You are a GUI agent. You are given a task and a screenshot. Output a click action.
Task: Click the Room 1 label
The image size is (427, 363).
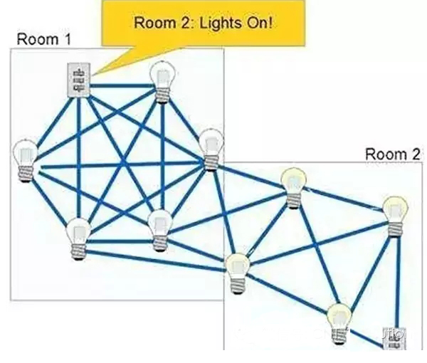[x=43, y=38]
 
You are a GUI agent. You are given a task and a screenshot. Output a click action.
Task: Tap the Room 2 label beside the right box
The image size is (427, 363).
[x=393, y=153]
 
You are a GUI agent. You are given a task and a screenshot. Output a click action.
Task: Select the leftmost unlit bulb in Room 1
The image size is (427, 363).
[x=26, y=159]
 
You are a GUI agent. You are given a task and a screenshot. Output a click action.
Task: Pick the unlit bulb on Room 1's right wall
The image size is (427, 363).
[x=211, y=148]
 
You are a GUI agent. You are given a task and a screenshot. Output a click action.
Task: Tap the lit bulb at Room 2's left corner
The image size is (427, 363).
[x=238, y=270]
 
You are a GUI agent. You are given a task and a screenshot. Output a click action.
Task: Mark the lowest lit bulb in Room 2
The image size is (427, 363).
[x=340, y=319]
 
